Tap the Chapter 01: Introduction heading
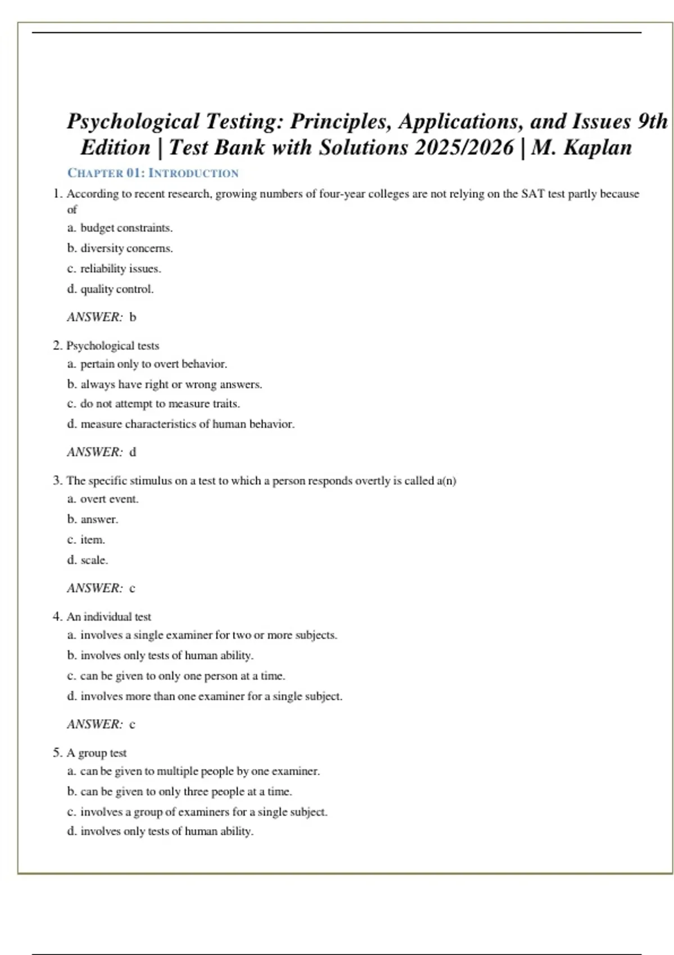tap(153, 173)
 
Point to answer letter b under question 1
tap(133, 317)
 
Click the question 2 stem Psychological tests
tap(112, 345)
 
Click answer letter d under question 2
tap(133, 452)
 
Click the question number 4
tap(57, 617)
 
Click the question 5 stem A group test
tap(97, 753)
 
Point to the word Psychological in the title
tap(133, 121)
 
